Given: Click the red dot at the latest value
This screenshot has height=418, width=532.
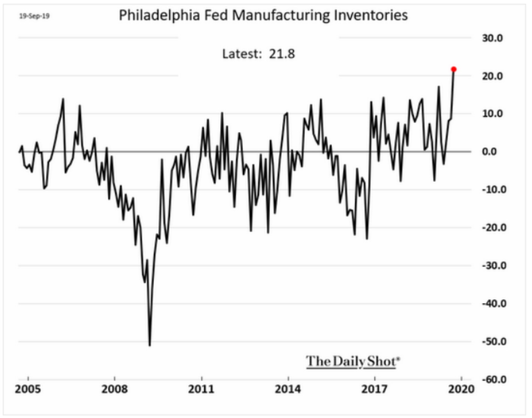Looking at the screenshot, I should pos(454,69).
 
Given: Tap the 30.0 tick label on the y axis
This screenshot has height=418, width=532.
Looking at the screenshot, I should pos(492,38).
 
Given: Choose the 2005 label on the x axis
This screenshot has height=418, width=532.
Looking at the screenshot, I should pos(28,389).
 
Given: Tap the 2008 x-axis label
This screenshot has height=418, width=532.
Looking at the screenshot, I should pos(114,389).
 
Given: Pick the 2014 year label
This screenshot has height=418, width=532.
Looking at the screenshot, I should pos(288,389).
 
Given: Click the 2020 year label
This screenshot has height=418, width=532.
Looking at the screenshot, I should pos(462,389).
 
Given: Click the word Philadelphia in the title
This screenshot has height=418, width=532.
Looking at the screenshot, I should pos(159,16).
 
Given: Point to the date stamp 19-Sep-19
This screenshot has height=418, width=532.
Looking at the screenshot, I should pos(34,16).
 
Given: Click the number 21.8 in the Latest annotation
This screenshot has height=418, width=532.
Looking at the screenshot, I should pos(282,54).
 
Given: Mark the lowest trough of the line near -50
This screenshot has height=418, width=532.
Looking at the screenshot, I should pos(150,345).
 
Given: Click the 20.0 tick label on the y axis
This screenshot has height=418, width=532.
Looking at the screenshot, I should pos(492,76).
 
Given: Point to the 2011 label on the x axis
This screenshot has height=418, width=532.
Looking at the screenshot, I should pos(201,389).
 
